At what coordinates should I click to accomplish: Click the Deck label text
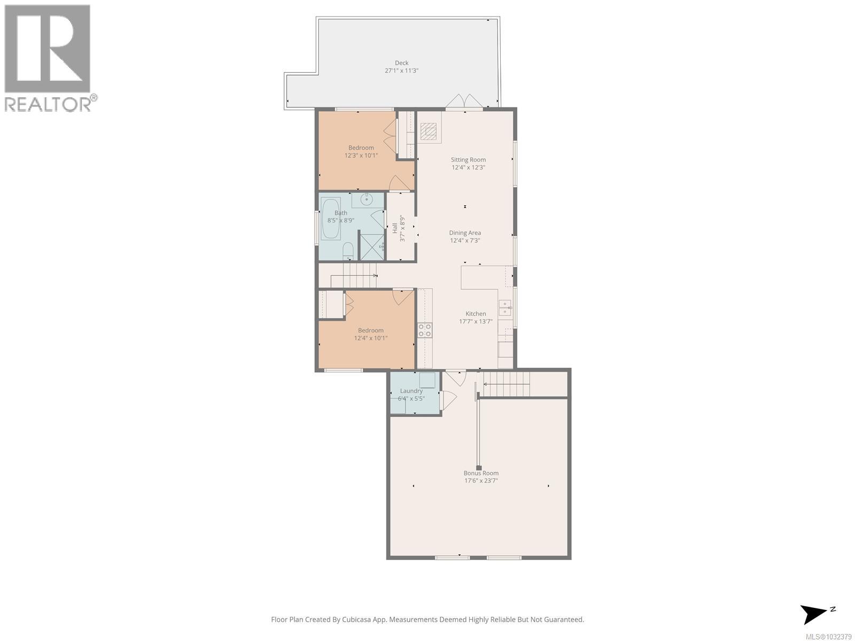(401, 63)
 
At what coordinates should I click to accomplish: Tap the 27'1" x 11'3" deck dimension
(401, 71)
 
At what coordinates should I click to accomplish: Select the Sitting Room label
(468, 160)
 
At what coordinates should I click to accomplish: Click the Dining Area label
(464, 233)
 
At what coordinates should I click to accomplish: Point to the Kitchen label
(476, 314)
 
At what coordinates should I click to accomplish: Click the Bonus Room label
(481, 473)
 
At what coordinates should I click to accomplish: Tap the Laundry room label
(411, 391)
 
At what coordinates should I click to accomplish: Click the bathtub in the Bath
(330, 219)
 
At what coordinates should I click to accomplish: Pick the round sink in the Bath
(367, 199)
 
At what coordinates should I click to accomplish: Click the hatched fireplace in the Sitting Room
(428, 131)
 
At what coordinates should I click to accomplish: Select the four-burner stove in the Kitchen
(425, 330)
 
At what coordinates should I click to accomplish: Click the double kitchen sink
(505, 307)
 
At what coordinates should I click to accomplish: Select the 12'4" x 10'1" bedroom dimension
(370, 338)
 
